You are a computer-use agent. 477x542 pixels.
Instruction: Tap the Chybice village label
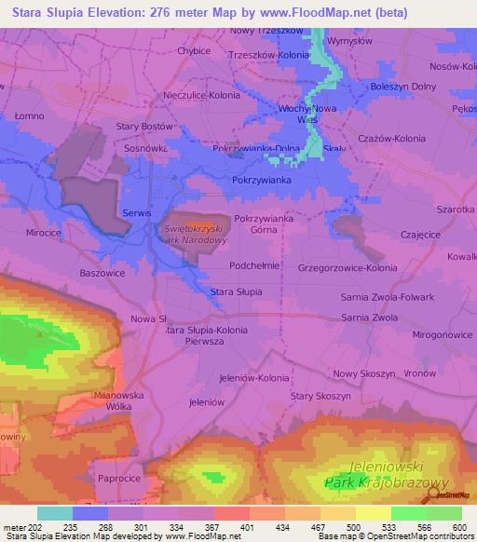[x=194, y=51]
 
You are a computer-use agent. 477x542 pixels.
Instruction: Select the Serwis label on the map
[x=136, y=213]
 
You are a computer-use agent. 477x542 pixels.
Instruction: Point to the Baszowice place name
[x=102, y=273]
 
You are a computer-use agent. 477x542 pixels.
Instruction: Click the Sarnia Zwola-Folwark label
[x=383, y=297]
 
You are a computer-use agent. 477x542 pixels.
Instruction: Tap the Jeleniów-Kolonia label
[x=253, y=377]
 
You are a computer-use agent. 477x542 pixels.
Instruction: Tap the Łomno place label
[x=29, y=115]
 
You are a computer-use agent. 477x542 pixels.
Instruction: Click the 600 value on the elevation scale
[x=460, y=528]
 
